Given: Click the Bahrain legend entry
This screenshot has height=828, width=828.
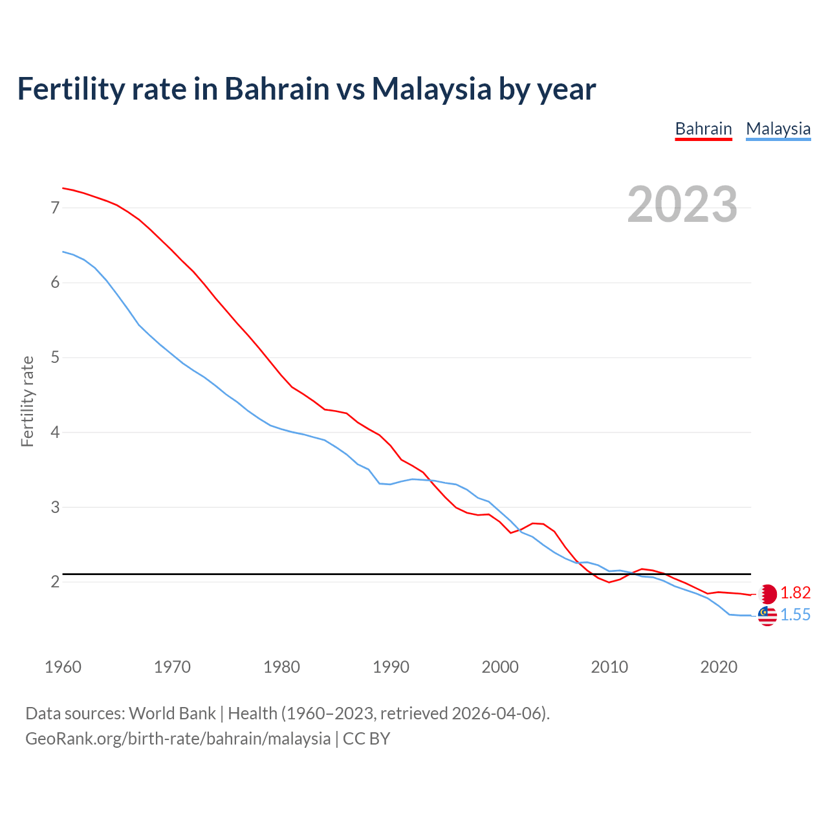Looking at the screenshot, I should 703,129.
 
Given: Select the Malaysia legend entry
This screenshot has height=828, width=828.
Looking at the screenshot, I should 778,129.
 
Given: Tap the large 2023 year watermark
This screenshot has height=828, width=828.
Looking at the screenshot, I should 682,204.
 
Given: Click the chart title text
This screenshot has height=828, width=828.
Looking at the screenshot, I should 306,89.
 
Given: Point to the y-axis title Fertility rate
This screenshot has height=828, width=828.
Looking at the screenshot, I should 27,401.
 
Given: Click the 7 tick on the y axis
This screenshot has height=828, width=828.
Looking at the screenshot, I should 55,208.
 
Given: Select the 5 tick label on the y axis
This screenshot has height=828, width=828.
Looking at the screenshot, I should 55,357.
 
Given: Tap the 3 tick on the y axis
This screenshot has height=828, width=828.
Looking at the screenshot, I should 55,507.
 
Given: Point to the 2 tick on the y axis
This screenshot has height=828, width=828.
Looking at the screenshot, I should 55,582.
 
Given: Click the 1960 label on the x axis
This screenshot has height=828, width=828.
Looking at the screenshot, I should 63,667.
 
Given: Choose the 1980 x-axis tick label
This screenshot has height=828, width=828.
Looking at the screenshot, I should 281,667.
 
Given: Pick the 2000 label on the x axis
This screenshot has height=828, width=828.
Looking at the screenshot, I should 500,667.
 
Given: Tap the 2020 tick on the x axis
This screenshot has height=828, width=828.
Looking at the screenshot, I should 719,667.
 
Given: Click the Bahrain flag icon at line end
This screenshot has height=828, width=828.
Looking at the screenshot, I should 767,594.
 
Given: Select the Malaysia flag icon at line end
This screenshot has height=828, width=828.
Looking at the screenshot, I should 767,616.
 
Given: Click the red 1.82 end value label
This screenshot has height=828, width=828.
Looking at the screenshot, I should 796,593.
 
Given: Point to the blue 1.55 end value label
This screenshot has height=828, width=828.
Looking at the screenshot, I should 796,615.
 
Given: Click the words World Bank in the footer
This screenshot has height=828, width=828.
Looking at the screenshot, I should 172,714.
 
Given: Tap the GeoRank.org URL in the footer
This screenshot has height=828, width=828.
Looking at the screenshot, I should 178,739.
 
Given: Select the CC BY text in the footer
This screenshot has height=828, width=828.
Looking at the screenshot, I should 366,739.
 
